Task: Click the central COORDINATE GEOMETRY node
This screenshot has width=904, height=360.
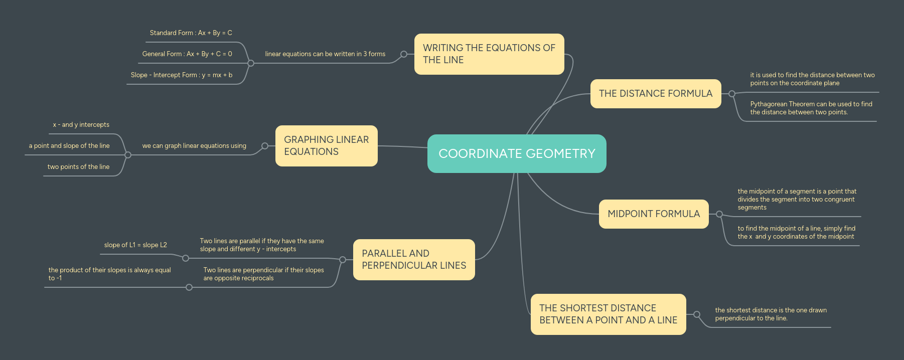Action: [517, 153]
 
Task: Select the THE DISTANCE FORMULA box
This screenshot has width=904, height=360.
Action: [655, 94]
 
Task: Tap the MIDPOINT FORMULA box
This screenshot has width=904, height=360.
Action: [653, 214]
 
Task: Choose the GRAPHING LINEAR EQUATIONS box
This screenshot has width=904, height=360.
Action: [326, 146]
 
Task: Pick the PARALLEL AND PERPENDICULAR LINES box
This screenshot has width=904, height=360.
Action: [414, 260]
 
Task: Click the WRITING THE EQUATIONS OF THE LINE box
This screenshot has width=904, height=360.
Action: [489, 54]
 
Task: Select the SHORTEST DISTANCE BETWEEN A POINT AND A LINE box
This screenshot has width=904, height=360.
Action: [608, 314]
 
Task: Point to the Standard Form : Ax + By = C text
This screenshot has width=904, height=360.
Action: [191, 33]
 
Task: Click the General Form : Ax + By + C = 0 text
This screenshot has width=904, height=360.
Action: [187, 54]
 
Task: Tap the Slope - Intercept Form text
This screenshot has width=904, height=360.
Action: [181, 75]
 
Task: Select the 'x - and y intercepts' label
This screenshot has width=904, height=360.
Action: [81, 125]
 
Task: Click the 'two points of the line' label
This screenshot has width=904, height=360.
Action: [78, 167]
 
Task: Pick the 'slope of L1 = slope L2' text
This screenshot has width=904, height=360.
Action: [135, 245]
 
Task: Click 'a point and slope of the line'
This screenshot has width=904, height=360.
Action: [69, 146]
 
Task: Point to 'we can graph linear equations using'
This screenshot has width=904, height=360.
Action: [194, 146]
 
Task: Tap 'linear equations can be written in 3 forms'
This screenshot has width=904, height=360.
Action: [325, 54]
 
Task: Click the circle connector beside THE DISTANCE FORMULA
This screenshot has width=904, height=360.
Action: [732, 94]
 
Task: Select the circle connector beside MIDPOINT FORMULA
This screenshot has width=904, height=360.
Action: [719, 214]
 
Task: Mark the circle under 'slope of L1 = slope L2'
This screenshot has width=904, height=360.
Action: [186, 258]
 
